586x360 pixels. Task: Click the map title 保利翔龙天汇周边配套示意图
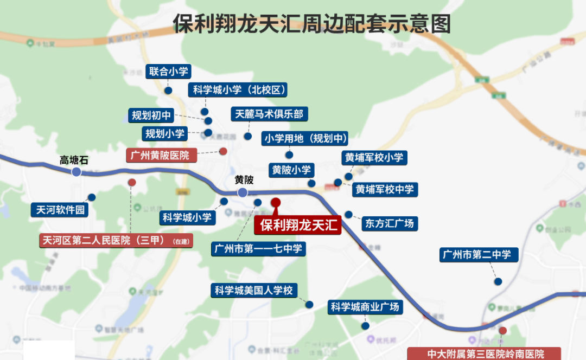(312, 24)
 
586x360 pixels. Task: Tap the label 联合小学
(169, 72)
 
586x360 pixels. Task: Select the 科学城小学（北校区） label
(232, 90)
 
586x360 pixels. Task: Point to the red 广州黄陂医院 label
(161, 156)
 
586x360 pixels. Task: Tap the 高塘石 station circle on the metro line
(76, 172)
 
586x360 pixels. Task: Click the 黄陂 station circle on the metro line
(243, 192)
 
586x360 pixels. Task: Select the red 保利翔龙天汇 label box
(298, 225)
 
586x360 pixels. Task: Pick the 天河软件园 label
(61, 210)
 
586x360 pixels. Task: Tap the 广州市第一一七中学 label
(258, 249)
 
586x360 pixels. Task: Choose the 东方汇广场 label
(389, 223)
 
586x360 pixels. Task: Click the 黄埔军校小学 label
(374, 158)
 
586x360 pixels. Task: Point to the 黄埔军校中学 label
(385, 189)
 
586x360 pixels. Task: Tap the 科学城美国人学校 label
(253, 291)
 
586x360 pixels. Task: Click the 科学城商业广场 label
(365, 307)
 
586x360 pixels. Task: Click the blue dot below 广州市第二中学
(498, 281)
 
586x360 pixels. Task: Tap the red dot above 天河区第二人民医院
(132, 182)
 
